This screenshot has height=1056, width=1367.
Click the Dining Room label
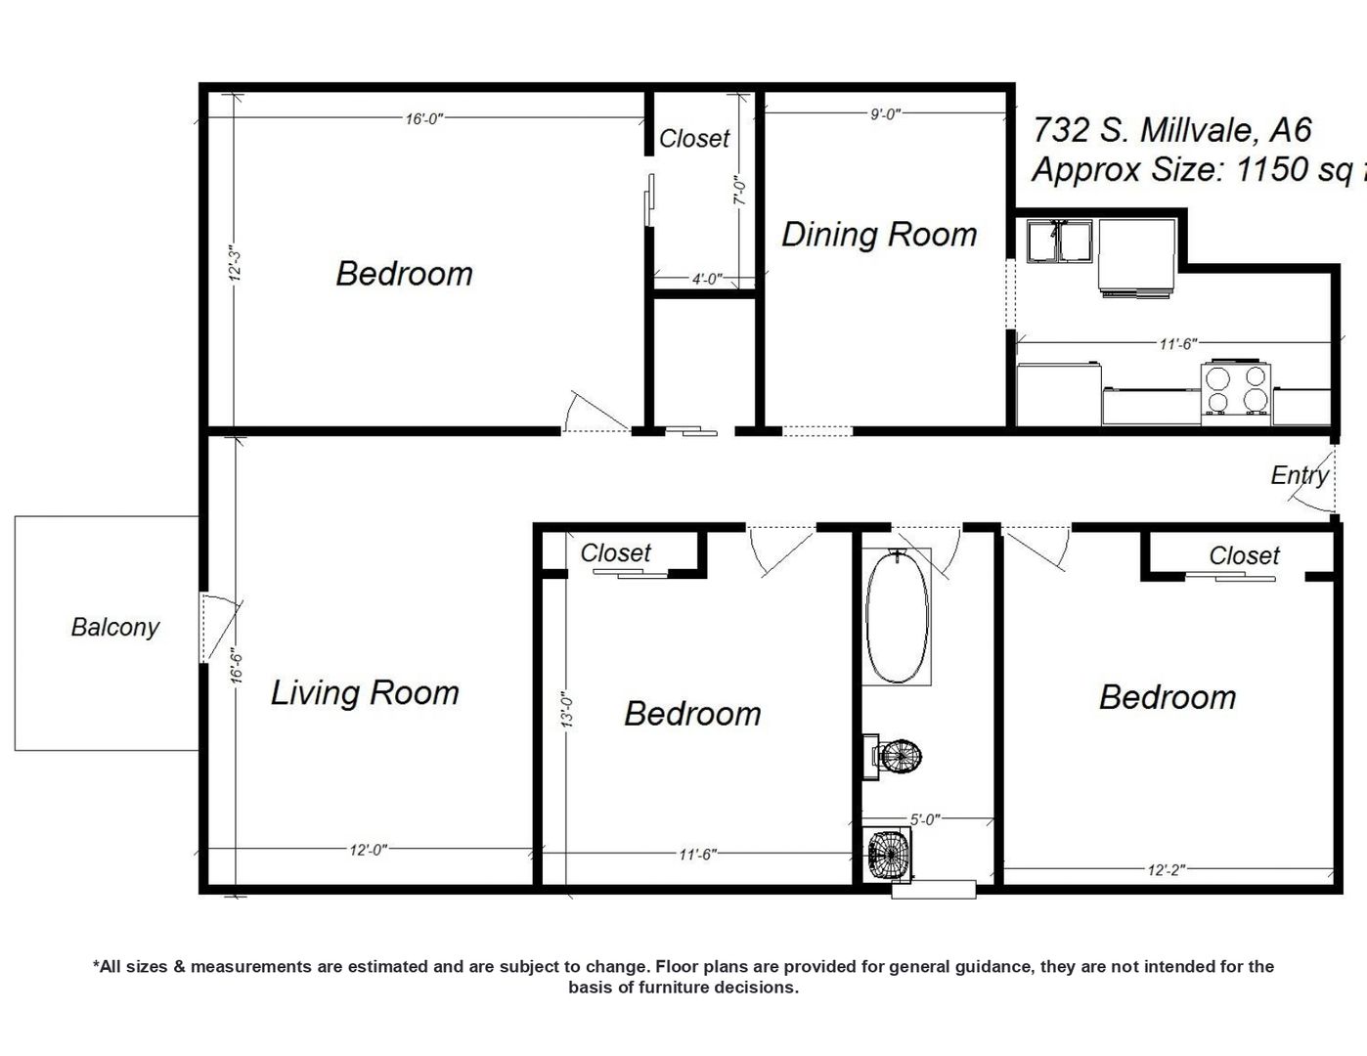pos(879,236)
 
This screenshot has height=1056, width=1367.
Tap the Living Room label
pos(365,693)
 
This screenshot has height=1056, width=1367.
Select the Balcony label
pos(115,627)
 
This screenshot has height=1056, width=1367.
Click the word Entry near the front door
pos(1300,475)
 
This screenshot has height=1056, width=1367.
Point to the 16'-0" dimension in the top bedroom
pos(424,118)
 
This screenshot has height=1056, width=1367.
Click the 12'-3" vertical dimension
pos(235,263)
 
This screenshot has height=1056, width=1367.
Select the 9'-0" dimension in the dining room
pos(886,113)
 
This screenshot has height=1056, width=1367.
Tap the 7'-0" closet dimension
pos(740,189)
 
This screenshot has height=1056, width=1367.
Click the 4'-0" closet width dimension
pos(707,279)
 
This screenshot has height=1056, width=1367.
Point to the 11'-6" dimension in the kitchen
pos(1178,343)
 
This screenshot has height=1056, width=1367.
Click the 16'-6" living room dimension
pos(236,666)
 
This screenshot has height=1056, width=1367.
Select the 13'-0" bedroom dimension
pos(567,710)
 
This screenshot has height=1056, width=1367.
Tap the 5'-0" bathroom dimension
pos(925,818)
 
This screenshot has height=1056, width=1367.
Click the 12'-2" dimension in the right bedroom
pos(1167,870)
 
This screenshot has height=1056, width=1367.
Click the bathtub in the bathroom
pos(897,616)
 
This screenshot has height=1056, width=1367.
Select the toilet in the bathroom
pos(892,757)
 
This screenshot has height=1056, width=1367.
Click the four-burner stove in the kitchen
pos(1236,387)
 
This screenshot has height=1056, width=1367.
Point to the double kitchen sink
pos(1059,241)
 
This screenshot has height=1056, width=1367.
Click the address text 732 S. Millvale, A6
pos(1171,130)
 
